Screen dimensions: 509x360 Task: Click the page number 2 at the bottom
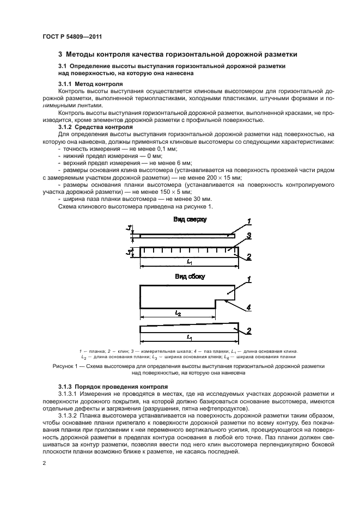tap(45, 463)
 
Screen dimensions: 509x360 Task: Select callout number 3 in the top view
tap(247, 236)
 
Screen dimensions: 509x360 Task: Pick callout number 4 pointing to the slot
tap(248, 308)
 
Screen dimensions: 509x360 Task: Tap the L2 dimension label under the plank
tap(178, 313)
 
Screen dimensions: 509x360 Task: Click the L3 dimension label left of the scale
tap(127, 252)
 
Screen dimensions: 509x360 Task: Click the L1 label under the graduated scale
tap(188, 262)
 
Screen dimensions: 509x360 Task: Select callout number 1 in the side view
tap(248, 280)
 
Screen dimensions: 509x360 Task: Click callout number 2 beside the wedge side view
tap(248, 330)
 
